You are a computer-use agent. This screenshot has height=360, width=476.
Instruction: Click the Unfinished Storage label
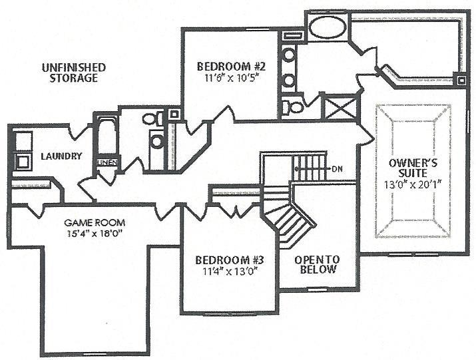[74, 73]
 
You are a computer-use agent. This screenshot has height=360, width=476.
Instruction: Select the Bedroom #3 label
[230, 260]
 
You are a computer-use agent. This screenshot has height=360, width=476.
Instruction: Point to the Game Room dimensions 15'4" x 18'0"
[95, 234]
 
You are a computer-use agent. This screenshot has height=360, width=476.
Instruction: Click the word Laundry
[61, 156]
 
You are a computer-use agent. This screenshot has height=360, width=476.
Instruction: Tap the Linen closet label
[107, 162]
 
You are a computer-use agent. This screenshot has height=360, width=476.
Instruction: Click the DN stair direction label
[338, 169]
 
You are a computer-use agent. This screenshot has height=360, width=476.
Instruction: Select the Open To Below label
[318, 264]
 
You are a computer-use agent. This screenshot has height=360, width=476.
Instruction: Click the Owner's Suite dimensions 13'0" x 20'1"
[413, 184]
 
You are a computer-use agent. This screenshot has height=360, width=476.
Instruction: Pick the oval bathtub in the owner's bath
[328, 27]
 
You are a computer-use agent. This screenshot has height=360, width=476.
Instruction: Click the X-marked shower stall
[340, 107]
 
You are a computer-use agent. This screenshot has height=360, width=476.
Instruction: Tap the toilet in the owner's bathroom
[292, 106]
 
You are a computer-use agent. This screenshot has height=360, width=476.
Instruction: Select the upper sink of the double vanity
[289, 55]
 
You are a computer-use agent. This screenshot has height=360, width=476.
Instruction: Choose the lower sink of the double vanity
[289, 80]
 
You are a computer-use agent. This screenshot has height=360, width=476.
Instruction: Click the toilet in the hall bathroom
[152, 118]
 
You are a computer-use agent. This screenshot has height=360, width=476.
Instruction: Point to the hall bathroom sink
[156, 142]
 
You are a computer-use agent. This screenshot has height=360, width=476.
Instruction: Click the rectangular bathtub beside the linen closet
[107, 136]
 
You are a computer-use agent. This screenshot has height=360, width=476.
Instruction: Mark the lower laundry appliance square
[23, 161]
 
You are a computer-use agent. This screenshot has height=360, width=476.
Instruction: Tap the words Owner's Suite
[413, 168]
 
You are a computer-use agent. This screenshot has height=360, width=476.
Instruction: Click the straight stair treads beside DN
[310, 168]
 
